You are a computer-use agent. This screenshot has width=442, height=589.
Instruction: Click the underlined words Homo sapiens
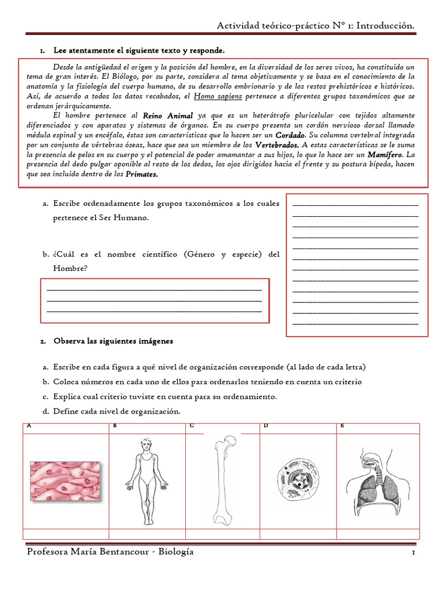(x=218, y=96)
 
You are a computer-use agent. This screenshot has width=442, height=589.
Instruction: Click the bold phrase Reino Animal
(x=167, y=116)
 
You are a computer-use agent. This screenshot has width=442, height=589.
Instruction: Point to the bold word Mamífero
(x=386, y=155)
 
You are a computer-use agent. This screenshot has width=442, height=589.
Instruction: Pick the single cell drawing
(x=297, y=479)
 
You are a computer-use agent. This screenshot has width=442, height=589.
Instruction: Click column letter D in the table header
(x=266, y=426)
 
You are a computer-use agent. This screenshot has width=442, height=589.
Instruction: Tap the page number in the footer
(x=413, y=553)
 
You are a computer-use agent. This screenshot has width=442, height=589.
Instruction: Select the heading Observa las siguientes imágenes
(x=113, y=341)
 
